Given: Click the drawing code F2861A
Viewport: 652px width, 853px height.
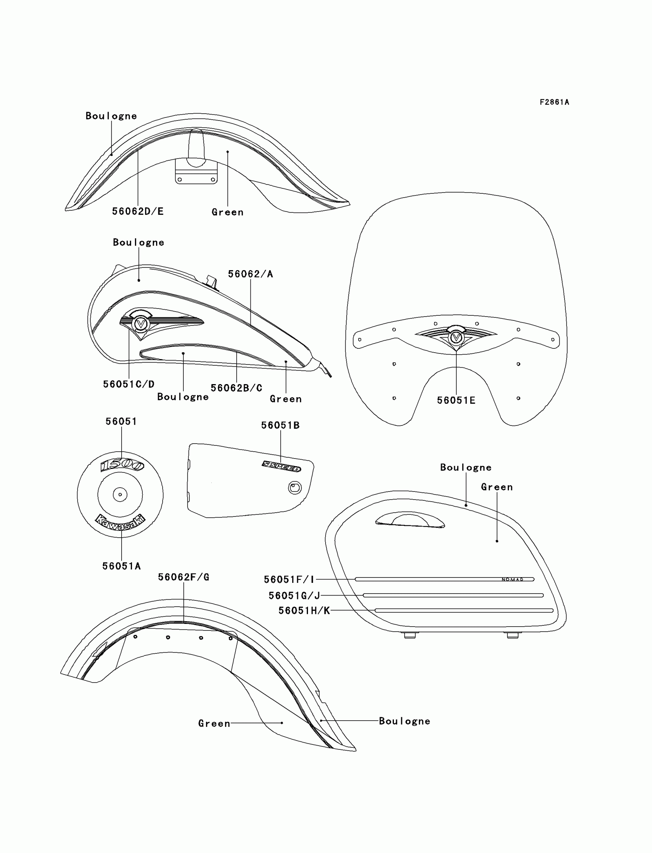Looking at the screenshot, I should click(x=554, y=102).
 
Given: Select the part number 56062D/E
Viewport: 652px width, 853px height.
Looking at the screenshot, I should click(x=138, y=211).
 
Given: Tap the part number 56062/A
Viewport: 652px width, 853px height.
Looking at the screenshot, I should click(x=250, y=274).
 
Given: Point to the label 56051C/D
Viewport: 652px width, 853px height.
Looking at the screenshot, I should click(x=129, y=384).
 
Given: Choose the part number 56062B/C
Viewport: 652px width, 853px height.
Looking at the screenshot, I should click(x=236, y=388).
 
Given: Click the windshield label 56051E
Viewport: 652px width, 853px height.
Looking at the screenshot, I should click(x=456, y=400).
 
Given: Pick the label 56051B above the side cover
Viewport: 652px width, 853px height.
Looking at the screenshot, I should click(x=280, y=425).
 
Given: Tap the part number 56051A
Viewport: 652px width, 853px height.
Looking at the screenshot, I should click(x=122, y=566).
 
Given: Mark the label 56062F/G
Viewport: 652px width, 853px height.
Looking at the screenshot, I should click(x=184, y=577).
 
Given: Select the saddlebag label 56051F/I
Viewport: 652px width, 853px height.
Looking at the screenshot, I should click(x=289, y=579).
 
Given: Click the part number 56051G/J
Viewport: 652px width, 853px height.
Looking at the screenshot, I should click(x=294, y=596).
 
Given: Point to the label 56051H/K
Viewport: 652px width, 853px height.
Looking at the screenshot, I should click(x=304, y=611).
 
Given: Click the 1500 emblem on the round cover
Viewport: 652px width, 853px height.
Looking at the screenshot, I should click(x=122, y=465).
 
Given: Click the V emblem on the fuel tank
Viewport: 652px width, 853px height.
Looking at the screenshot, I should click(x=140, y=324).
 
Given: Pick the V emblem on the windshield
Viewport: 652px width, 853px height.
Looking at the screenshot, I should click(x=456, y=337).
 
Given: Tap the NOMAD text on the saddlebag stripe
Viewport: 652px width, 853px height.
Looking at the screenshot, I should click(x=512, y=580).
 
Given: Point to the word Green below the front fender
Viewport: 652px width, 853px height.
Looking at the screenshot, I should click(x=227, y=212).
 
